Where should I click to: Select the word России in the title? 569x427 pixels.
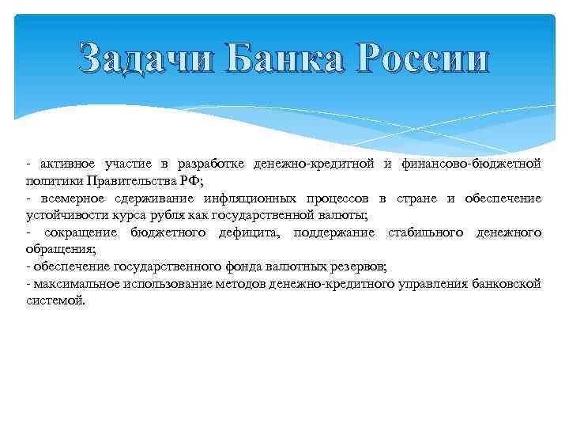[x=417, y=60]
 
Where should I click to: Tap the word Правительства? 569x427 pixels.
[x=126, y=180]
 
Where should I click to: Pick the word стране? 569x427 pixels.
[x=412, y=198]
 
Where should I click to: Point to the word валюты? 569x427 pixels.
[x=341, y=215]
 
